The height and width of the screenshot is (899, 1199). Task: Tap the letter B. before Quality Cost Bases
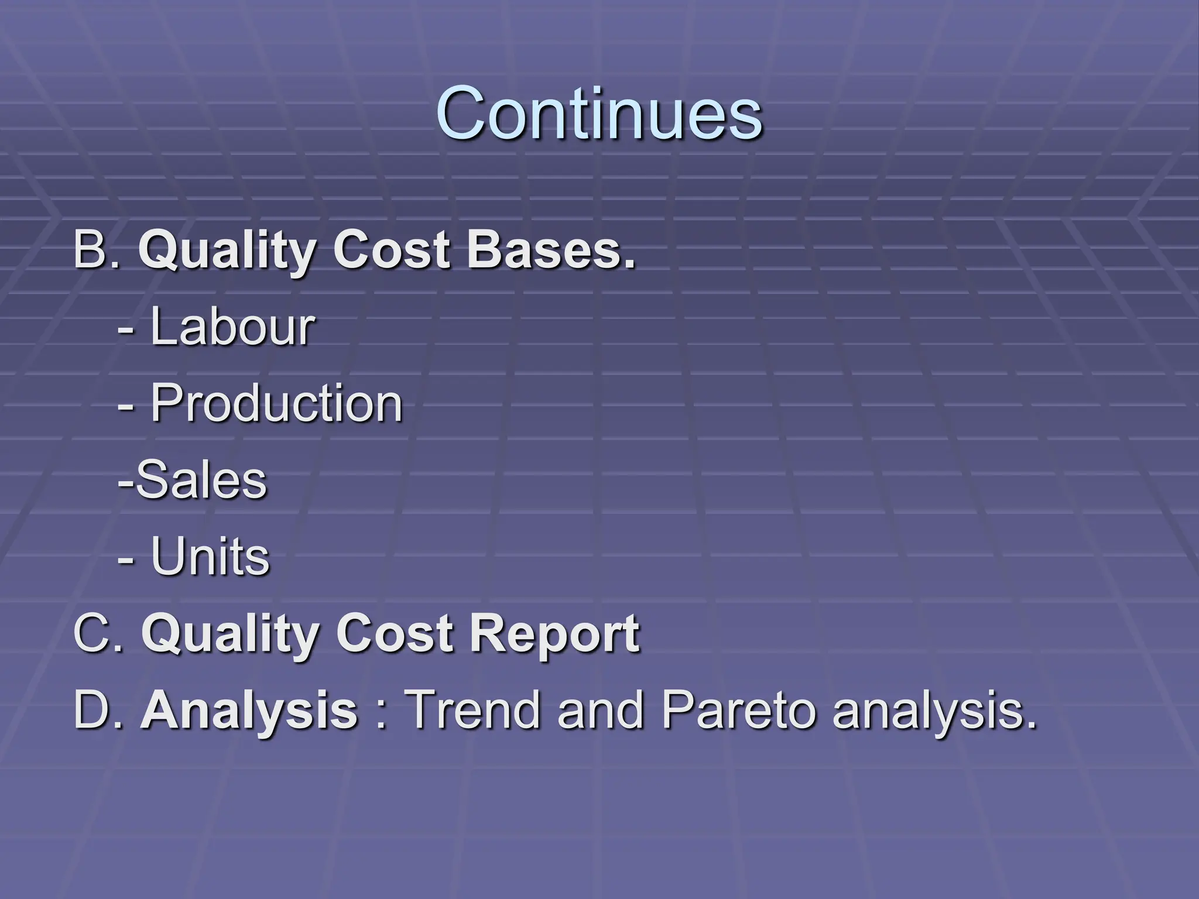coord(97,251)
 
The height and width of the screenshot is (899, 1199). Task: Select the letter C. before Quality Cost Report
coord(98,633)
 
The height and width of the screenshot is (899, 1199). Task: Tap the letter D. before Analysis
coord(98,710)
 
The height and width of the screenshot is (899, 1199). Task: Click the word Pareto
coord(738,710)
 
